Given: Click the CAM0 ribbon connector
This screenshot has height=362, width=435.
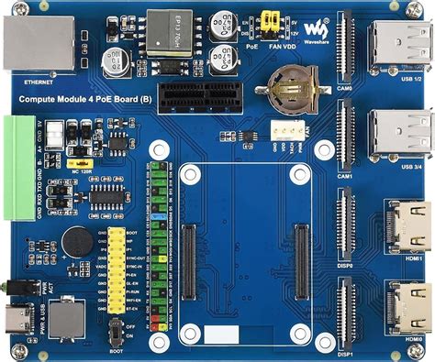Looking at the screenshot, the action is (348, 51).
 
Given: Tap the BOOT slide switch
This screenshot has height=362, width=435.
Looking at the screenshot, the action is (116, 331).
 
